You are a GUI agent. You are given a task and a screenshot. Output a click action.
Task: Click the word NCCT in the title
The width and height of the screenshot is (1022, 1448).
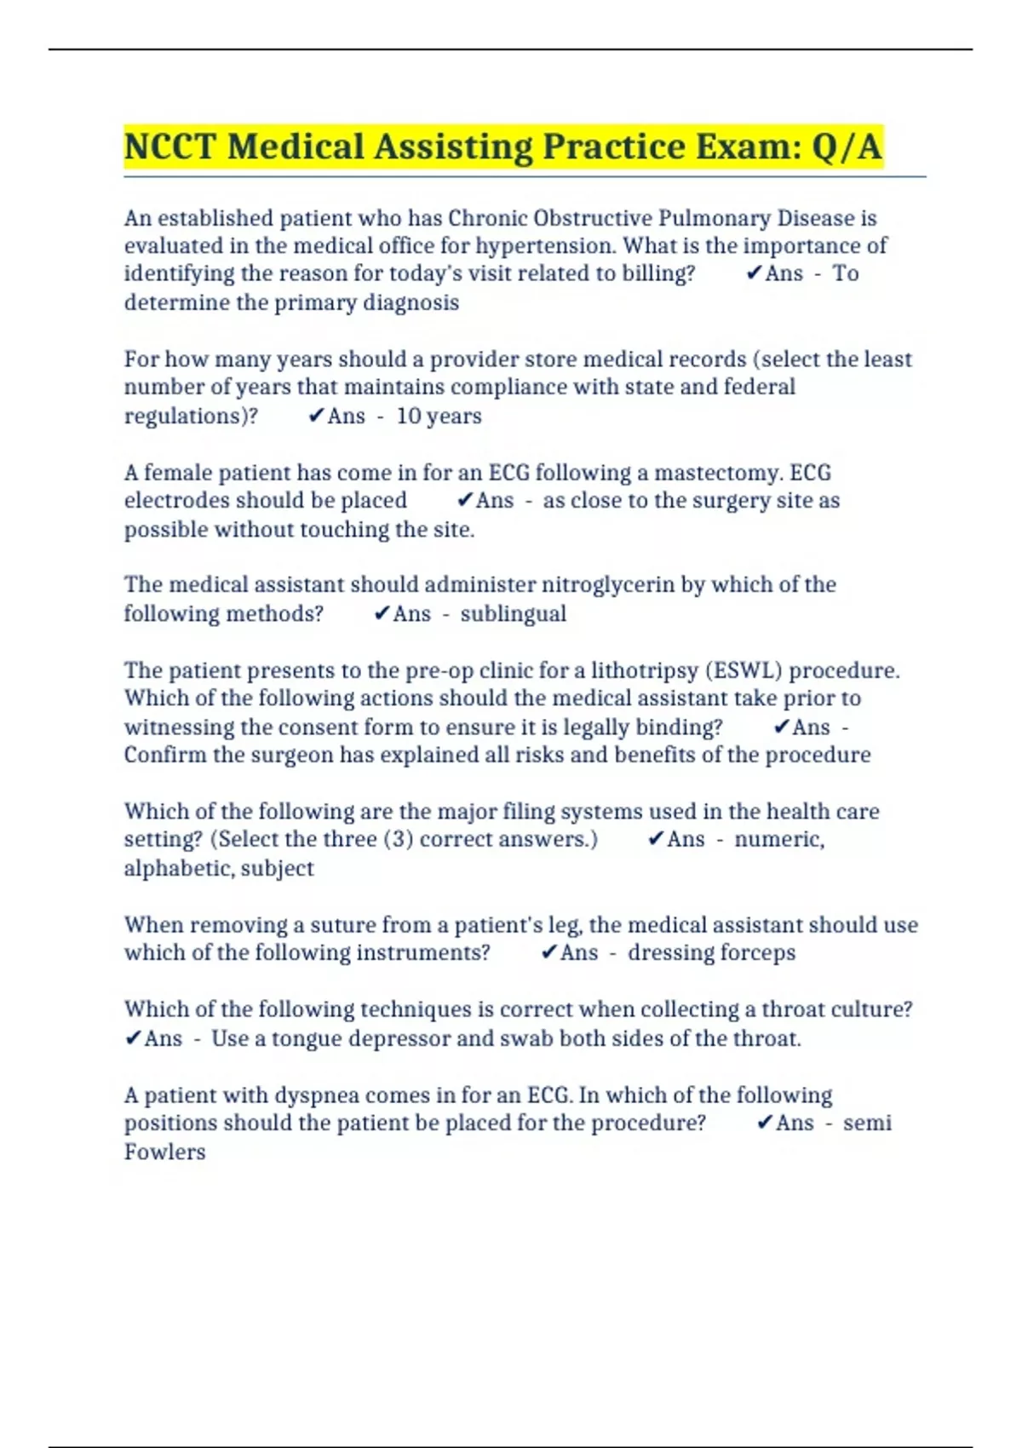169,147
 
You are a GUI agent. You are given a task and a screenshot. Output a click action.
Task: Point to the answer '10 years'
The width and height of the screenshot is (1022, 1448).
439,416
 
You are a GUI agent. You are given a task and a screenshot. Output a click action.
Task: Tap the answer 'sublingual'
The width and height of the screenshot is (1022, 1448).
513,613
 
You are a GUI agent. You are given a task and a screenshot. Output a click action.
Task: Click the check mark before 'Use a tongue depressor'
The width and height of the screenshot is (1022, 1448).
133,1037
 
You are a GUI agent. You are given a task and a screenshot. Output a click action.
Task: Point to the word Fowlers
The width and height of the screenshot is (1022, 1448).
164,1152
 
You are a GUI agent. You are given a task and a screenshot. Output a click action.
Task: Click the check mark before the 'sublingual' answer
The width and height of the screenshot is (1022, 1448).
382,613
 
